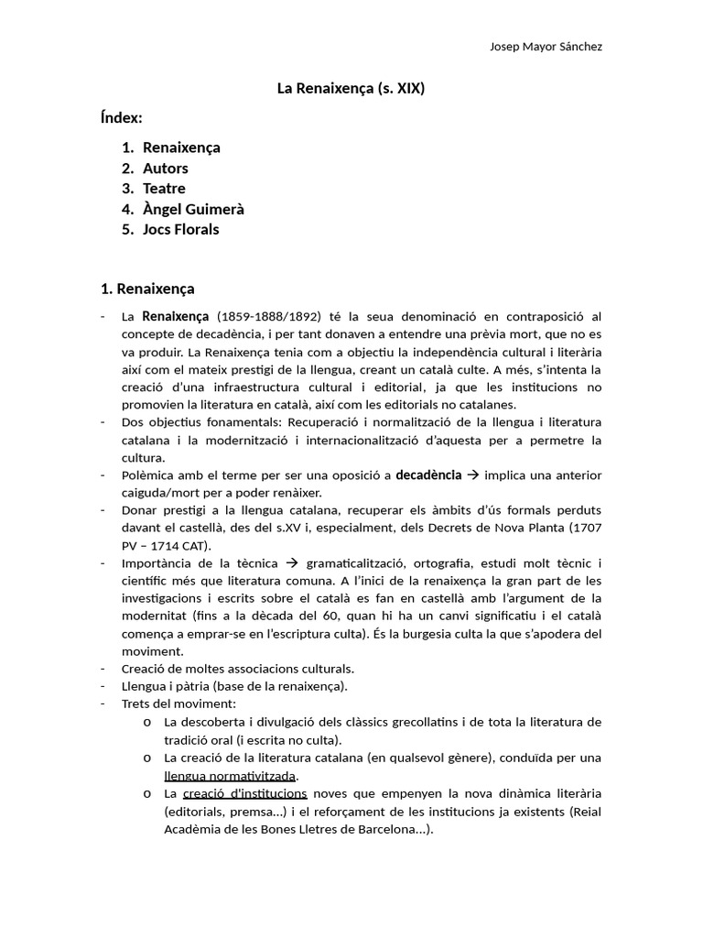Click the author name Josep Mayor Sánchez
coord(546,47)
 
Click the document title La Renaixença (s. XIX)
coord(351,89)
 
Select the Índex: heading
coord(121,117)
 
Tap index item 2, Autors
coord(165,168)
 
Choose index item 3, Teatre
coord(164,189)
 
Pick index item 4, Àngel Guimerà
coord(193,209)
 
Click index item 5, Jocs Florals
coord(180,229)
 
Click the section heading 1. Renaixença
coord(147,289)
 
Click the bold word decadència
coord(427,474)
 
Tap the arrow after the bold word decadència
coord(472,474)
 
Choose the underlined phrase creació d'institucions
coord(244,793)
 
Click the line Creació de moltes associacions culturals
coord(237,668)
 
